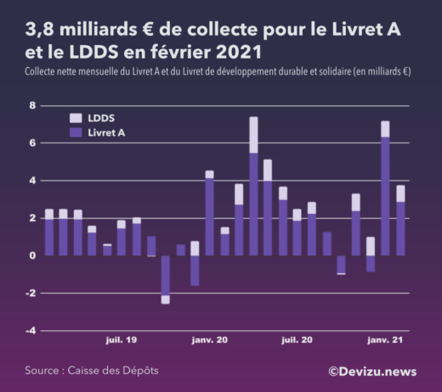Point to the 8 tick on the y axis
[32, 106]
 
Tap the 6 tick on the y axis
[32, 143]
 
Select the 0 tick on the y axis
[32, 255]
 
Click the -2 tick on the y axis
[31, 294]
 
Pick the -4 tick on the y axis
[31, 331]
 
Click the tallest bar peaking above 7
[253, 187]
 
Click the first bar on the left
[48, 232]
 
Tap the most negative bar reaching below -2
[165, 279]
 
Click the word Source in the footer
[42, 371]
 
